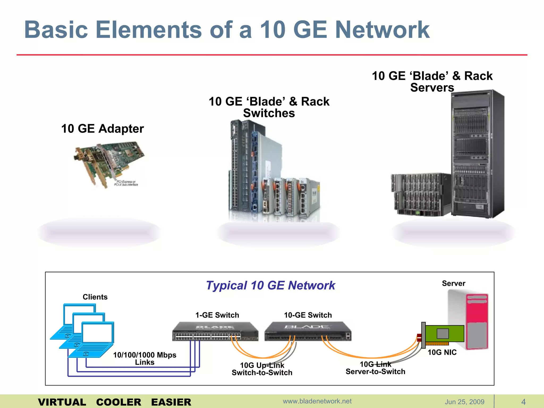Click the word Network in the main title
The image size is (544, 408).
tap(382, 30)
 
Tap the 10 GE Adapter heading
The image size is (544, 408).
tap(103, 129)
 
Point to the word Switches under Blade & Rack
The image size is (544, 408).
tap(269, 113)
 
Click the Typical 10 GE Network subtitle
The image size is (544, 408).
tap(270, 286)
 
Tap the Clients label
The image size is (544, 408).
tap(95, 297)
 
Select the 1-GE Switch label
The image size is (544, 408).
tap(217, 315)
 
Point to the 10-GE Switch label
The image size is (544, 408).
tap(308, 315)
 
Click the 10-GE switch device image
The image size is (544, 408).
tap(308, 331)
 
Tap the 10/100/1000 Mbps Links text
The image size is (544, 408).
tap(144, 359)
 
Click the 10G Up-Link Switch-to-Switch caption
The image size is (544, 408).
tap(262, 369)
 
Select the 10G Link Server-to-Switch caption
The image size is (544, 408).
tap(375, 368)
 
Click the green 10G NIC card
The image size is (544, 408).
tap(444, 334)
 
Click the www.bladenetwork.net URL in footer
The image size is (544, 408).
tap(317, 401)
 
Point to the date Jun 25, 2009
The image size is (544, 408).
tap(464, 402)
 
